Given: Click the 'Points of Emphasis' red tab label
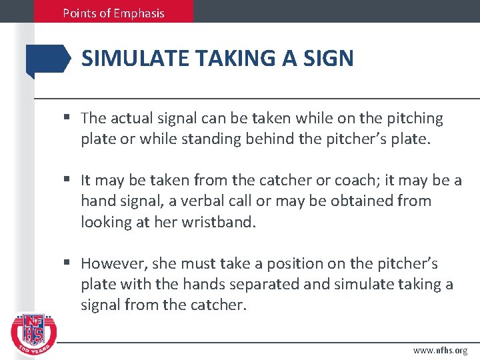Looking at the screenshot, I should coord(113,13).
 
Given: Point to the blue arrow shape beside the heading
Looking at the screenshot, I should coord(47,60).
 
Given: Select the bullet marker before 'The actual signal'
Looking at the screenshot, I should coord(69,119).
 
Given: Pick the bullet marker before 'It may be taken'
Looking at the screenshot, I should coord(69,180).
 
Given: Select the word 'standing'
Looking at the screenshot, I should coord(225,139).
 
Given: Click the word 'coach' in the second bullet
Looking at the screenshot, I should coord(329,180).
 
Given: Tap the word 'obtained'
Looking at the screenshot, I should coord(362,201).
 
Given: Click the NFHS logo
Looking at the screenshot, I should coord(33,333).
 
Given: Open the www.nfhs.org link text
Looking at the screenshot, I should coord(440,350).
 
